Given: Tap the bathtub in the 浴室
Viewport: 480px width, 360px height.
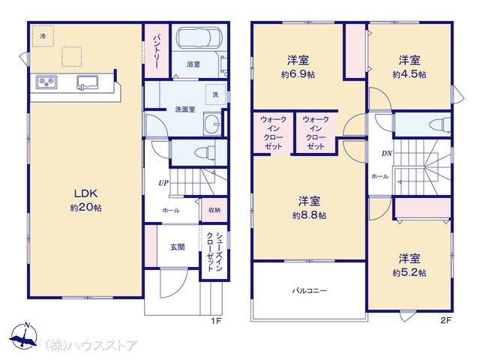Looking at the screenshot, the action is [198, 37].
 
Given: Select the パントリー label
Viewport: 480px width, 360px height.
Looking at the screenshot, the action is [156, 51].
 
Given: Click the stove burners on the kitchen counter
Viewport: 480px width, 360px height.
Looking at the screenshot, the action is [46, 82].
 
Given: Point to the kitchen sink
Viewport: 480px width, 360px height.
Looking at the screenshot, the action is [87, 82].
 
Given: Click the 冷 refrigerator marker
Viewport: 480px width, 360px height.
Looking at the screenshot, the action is [43, 36].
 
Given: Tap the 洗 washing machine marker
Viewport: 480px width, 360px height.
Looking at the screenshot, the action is [215, 94].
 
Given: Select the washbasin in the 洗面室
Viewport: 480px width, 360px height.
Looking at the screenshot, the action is [212, 124].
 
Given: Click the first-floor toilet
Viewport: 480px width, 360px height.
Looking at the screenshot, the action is [205, 152].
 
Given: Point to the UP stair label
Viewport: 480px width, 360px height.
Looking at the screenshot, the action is [163, 183].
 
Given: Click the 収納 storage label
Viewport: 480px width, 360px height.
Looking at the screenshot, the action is [214, 210].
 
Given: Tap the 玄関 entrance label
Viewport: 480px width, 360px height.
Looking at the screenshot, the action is [178, 247].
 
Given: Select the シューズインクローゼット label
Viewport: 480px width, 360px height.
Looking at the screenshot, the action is [214, 252].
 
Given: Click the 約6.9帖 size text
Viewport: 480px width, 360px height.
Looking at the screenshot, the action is [298, 74].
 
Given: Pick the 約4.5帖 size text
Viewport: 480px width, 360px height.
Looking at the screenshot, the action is [409, 74].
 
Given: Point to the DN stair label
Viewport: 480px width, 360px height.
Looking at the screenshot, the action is [387, 153].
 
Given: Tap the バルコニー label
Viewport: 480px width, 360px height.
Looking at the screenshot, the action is [310, 290].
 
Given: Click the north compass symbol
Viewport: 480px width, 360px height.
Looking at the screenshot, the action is [24, 336].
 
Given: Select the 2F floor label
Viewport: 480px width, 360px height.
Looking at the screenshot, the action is [446, 320].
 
